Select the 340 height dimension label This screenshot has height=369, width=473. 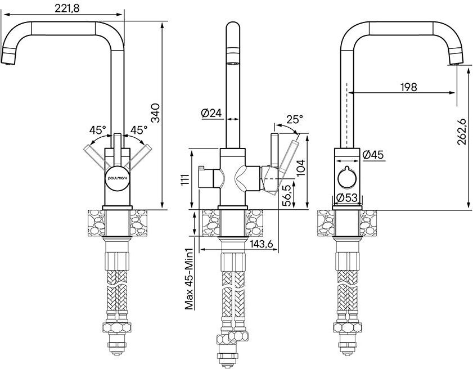(x=156, y=113)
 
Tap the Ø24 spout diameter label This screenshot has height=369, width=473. (x=211, y=113)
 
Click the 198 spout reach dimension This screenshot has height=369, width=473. (x=408, y=87)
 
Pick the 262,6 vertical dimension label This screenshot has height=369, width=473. (x=462, y=132)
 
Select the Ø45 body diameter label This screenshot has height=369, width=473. (x=373, y=155)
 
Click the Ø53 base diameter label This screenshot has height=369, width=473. (x=346, y=198)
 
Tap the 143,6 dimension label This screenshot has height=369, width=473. (x=261, y=244)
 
